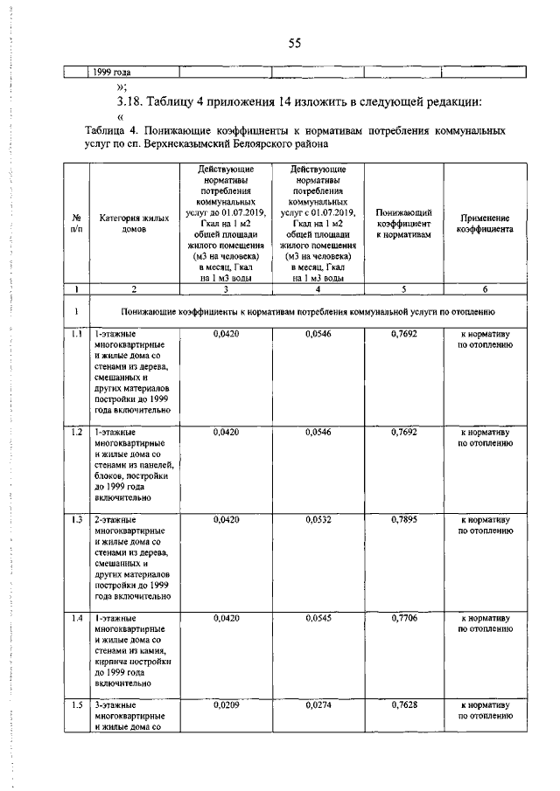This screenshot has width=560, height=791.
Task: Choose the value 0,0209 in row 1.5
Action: [x=226, y=704]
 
